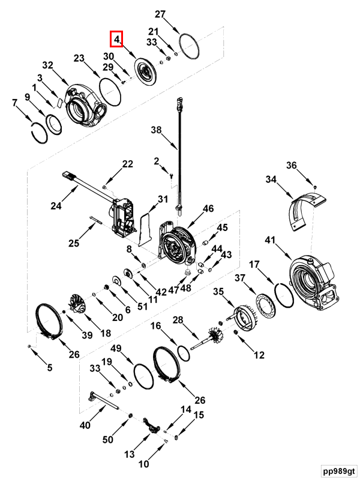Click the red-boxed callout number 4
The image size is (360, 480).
pyautogui.click(x=116, y=40)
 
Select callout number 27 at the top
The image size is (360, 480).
pyautogui.click(x=160, y=14)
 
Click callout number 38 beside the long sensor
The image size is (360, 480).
pyautogui.click(x=156, y=130)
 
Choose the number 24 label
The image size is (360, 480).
pyautogui.click(x=56, y=206)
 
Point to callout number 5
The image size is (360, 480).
pyautogui.click(x=50, y=367)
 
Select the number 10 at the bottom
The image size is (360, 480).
pyautogui.click(x=143, y=464)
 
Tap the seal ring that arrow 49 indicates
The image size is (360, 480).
pyautogui.click(x=143, y=376)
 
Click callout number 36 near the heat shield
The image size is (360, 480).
pyautogui.click(x=291, y=166)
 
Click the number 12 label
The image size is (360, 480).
pyautogui.click(x=259, y=355)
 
